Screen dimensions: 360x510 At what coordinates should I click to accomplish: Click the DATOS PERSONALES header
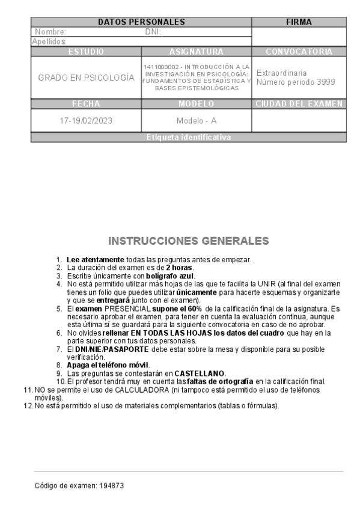point(141,22)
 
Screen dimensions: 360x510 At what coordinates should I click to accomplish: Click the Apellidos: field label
point(49,41)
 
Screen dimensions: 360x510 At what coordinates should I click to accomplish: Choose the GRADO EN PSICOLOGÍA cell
point(86,78)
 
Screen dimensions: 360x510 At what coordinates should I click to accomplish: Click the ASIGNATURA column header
point(197,52)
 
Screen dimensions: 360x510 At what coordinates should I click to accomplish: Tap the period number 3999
point(326,82)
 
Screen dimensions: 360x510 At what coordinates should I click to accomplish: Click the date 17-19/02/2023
point(86,120)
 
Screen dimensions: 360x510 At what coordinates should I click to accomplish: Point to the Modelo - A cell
point(197,120)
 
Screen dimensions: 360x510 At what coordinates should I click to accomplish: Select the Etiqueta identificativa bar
point(188,138)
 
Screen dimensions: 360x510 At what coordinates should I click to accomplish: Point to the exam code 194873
point(113,484)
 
